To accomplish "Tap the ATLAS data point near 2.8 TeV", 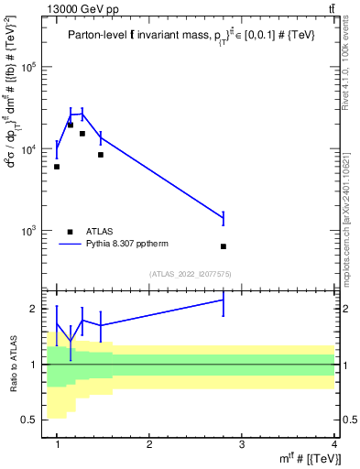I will click(224, 246).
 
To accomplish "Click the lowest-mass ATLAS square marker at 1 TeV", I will click(57, 167).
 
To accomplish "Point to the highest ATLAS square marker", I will click(71, 125).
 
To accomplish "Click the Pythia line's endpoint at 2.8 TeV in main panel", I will click(224, 218).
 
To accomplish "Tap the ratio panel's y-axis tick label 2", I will click(38, 310).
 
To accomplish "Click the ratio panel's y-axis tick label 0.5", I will click(34, 420).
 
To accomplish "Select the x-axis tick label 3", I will click(242, 443).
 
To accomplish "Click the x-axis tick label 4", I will click(334, 443).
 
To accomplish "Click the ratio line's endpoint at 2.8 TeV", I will click(224, 300).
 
